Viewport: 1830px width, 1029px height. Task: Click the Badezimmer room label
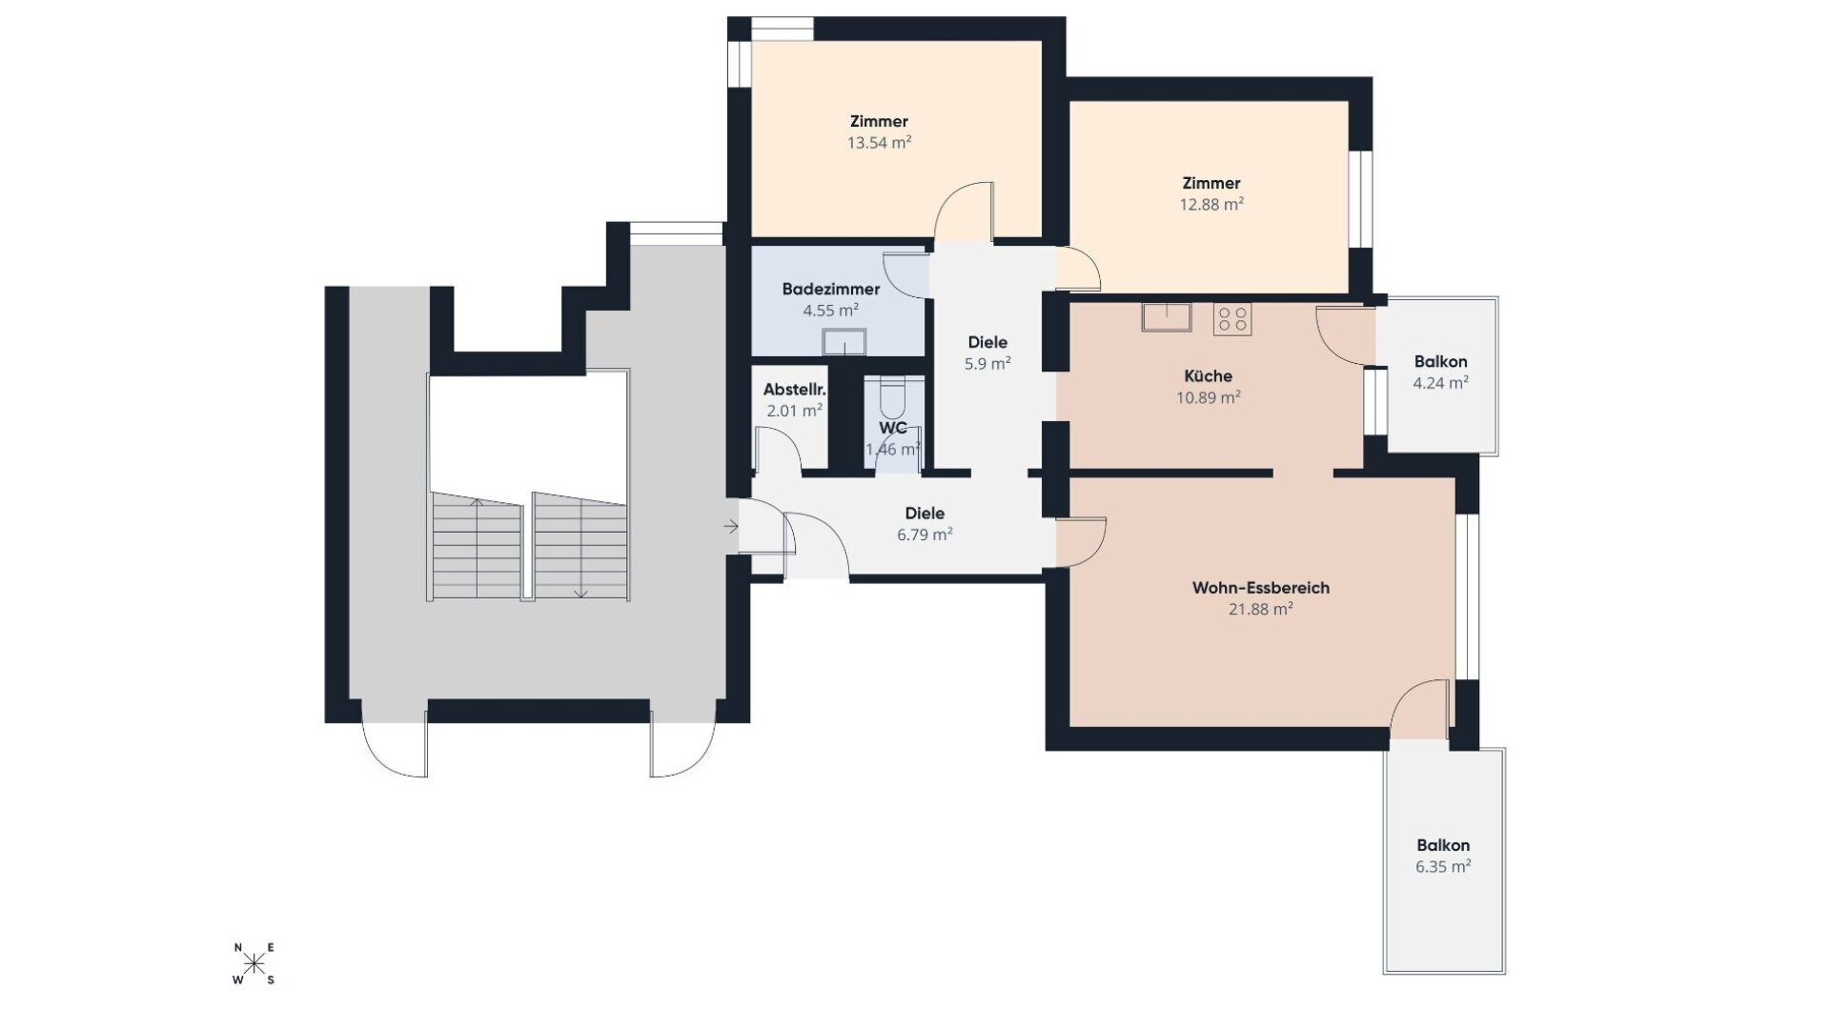(830, 289)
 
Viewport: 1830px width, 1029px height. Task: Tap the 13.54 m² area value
(879, 143)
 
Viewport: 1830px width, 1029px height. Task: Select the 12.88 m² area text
(1211, 205)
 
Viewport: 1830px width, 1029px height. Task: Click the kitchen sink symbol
(1167, 316)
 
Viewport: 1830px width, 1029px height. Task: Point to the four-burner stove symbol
(1232, 318)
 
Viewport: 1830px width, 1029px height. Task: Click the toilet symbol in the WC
(892, 392)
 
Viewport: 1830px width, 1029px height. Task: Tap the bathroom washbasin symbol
(844, 341)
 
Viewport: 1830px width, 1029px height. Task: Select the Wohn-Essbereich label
(1260, 588)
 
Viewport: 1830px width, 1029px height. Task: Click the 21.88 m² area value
(1260, 610)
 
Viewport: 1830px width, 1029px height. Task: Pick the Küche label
(1208, 376)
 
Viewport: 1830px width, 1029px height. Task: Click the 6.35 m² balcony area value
(1443, 867)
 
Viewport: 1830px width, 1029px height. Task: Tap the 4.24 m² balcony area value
(1440, 383)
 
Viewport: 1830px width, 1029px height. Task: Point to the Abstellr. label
(795, 390)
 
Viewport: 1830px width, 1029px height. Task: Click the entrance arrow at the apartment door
(731, 526)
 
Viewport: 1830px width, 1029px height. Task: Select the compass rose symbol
(254, 963)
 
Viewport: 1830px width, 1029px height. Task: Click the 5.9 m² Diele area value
(987, 364)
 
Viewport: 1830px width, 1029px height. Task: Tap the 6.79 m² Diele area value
(925, 535)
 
